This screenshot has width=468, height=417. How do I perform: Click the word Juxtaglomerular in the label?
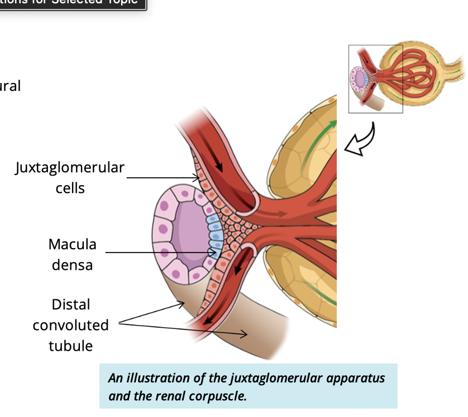[70, 167]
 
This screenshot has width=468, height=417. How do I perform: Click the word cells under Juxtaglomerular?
[70, 188]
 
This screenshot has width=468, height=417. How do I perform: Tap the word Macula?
[72, 244]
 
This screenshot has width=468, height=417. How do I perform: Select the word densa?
[72, 265]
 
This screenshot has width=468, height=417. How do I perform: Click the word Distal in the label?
[71, 304]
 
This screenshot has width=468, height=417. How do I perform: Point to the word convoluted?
[71, 325]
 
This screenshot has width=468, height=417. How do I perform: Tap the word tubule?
[71, 346]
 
